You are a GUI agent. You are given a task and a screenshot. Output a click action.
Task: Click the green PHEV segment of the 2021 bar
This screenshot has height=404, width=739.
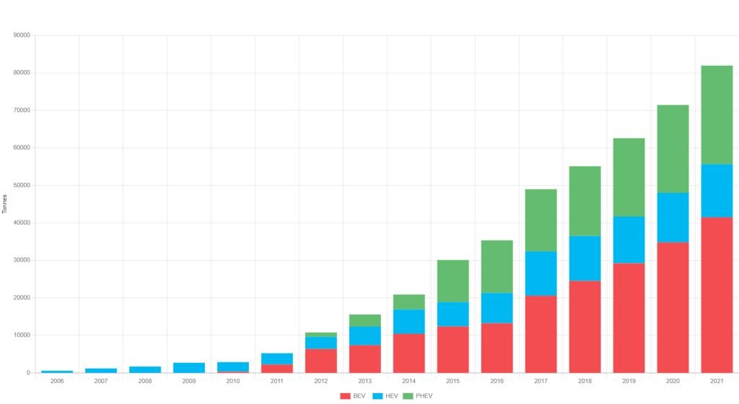[x=717, y=115]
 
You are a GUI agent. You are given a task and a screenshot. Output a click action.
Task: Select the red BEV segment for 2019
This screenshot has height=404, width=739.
[x=629, y=318]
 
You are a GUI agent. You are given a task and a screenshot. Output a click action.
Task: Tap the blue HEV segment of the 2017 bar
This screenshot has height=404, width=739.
[x=541, y=273]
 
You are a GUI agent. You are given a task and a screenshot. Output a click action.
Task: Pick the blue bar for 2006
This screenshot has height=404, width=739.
[x=57, y=371]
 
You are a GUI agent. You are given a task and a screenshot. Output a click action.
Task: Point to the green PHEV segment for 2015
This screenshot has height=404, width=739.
[x=452, y=281]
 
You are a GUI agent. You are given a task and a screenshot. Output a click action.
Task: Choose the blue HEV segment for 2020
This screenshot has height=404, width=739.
[x=673, y=218]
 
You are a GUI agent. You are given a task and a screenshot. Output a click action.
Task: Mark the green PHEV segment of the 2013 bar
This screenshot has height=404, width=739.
[x=364, y=320]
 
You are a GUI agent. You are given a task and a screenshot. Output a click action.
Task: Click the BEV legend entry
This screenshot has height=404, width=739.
[x=352, y=395]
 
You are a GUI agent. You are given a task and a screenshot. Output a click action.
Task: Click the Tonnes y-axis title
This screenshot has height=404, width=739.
[x=5, y=204]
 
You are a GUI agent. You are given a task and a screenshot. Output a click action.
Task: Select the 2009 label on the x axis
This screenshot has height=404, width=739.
[x=189, y=381]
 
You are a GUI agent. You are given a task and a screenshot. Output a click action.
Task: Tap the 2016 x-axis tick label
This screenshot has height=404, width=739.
[x=497, y=381]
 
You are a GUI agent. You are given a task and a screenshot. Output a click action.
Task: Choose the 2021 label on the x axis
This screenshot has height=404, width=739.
[x=717, y=381]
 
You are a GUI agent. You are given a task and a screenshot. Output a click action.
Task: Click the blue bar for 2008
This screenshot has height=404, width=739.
[x=145, y=369]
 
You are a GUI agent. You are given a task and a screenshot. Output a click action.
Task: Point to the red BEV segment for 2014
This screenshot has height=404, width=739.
[x=408, y=353]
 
